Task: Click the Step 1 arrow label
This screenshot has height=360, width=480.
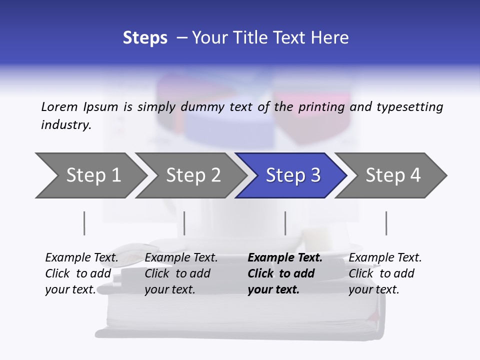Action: pyautogui.click(x=93, y=175)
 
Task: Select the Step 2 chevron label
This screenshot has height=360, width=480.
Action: pyautogui.click(x=193, y=175)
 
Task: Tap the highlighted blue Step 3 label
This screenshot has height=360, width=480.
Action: pyautogui.click(x=293, y=175)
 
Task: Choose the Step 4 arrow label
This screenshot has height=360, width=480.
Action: pyautogui.click(x=393, y=175)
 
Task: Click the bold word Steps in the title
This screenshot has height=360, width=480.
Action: pyautogui.click(x=145, y=38)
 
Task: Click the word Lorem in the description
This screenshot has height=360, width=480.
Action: pyautogui.click(x=59, y=106)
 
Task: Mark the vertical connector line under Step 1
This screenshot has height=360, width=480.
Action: pyautogui.click(x=84, y=223)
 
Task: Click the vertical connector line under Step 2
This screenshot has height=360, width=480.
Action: pyautogui.click(x=184, y=223)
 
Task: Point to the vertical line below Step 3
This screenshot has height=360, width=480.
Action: pyautogui.click(x=285, y=223)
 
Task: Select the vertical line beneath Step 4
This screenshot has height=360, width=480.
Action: pyautogui.click(x=386, y=223)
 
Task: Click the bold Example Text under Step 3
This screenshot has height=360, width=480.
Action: pyautogui.click(x=285, y=258)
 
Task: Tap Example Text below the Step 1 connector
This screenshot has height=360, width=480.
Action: pyautogui.click(x=81, y=258)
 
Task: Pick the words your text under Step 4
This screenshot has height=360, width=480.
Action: pyautogui.click(x=373, y=289)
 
